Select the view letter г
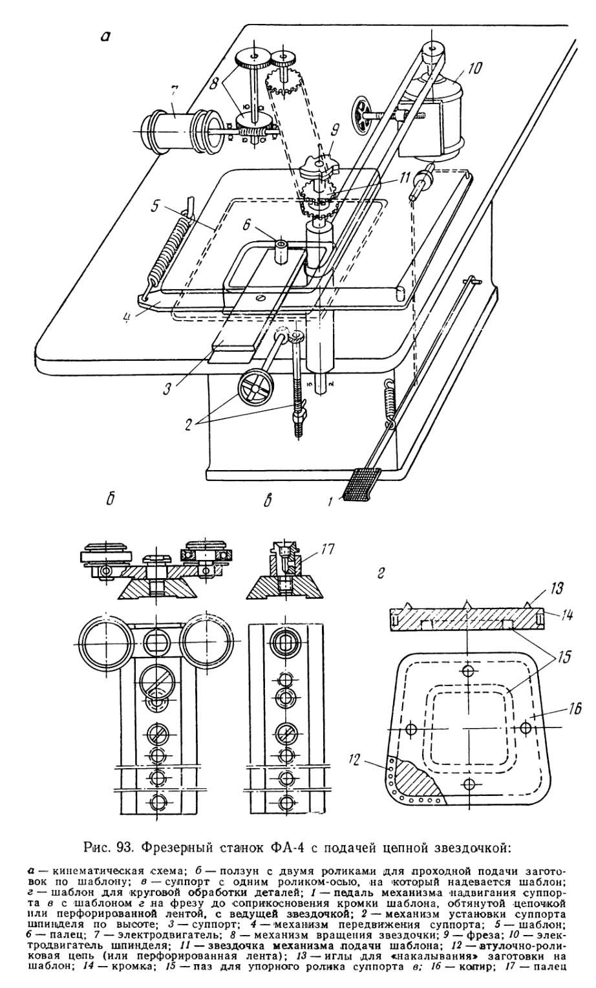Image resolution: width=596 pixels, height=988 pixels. tap(381, 574)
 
